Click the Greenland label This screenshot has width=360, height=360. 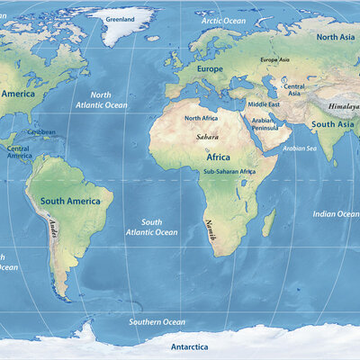click(121, 19)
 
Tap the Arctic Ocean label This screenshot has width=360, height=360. click(223, 20)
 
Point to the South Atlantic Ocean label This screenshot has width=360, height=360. click(151, 227)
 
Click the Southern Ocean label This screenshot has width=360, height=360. click(157, 321)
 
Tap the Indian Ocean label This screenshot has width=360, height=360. click(336, 214)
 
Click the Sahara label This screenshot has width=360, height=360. click(207, 137)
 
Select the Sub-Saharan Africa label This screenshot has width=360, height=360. click(229, 171)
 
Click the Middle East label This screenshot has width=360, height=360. click(264, 104)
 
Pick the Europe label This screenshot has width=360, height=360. click(209, 69)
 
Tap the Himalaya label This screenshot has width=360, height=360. click(343, 104)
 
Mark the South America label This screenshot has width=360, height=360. click(69, 201)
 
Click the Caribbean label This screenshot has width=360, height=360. click(41, 132)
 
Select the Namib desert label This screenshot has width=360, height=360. click(212, 230)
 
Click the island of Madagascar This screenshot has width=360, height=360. click(269, 221)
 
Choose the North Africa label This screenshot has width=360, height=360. click(202, 119)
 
